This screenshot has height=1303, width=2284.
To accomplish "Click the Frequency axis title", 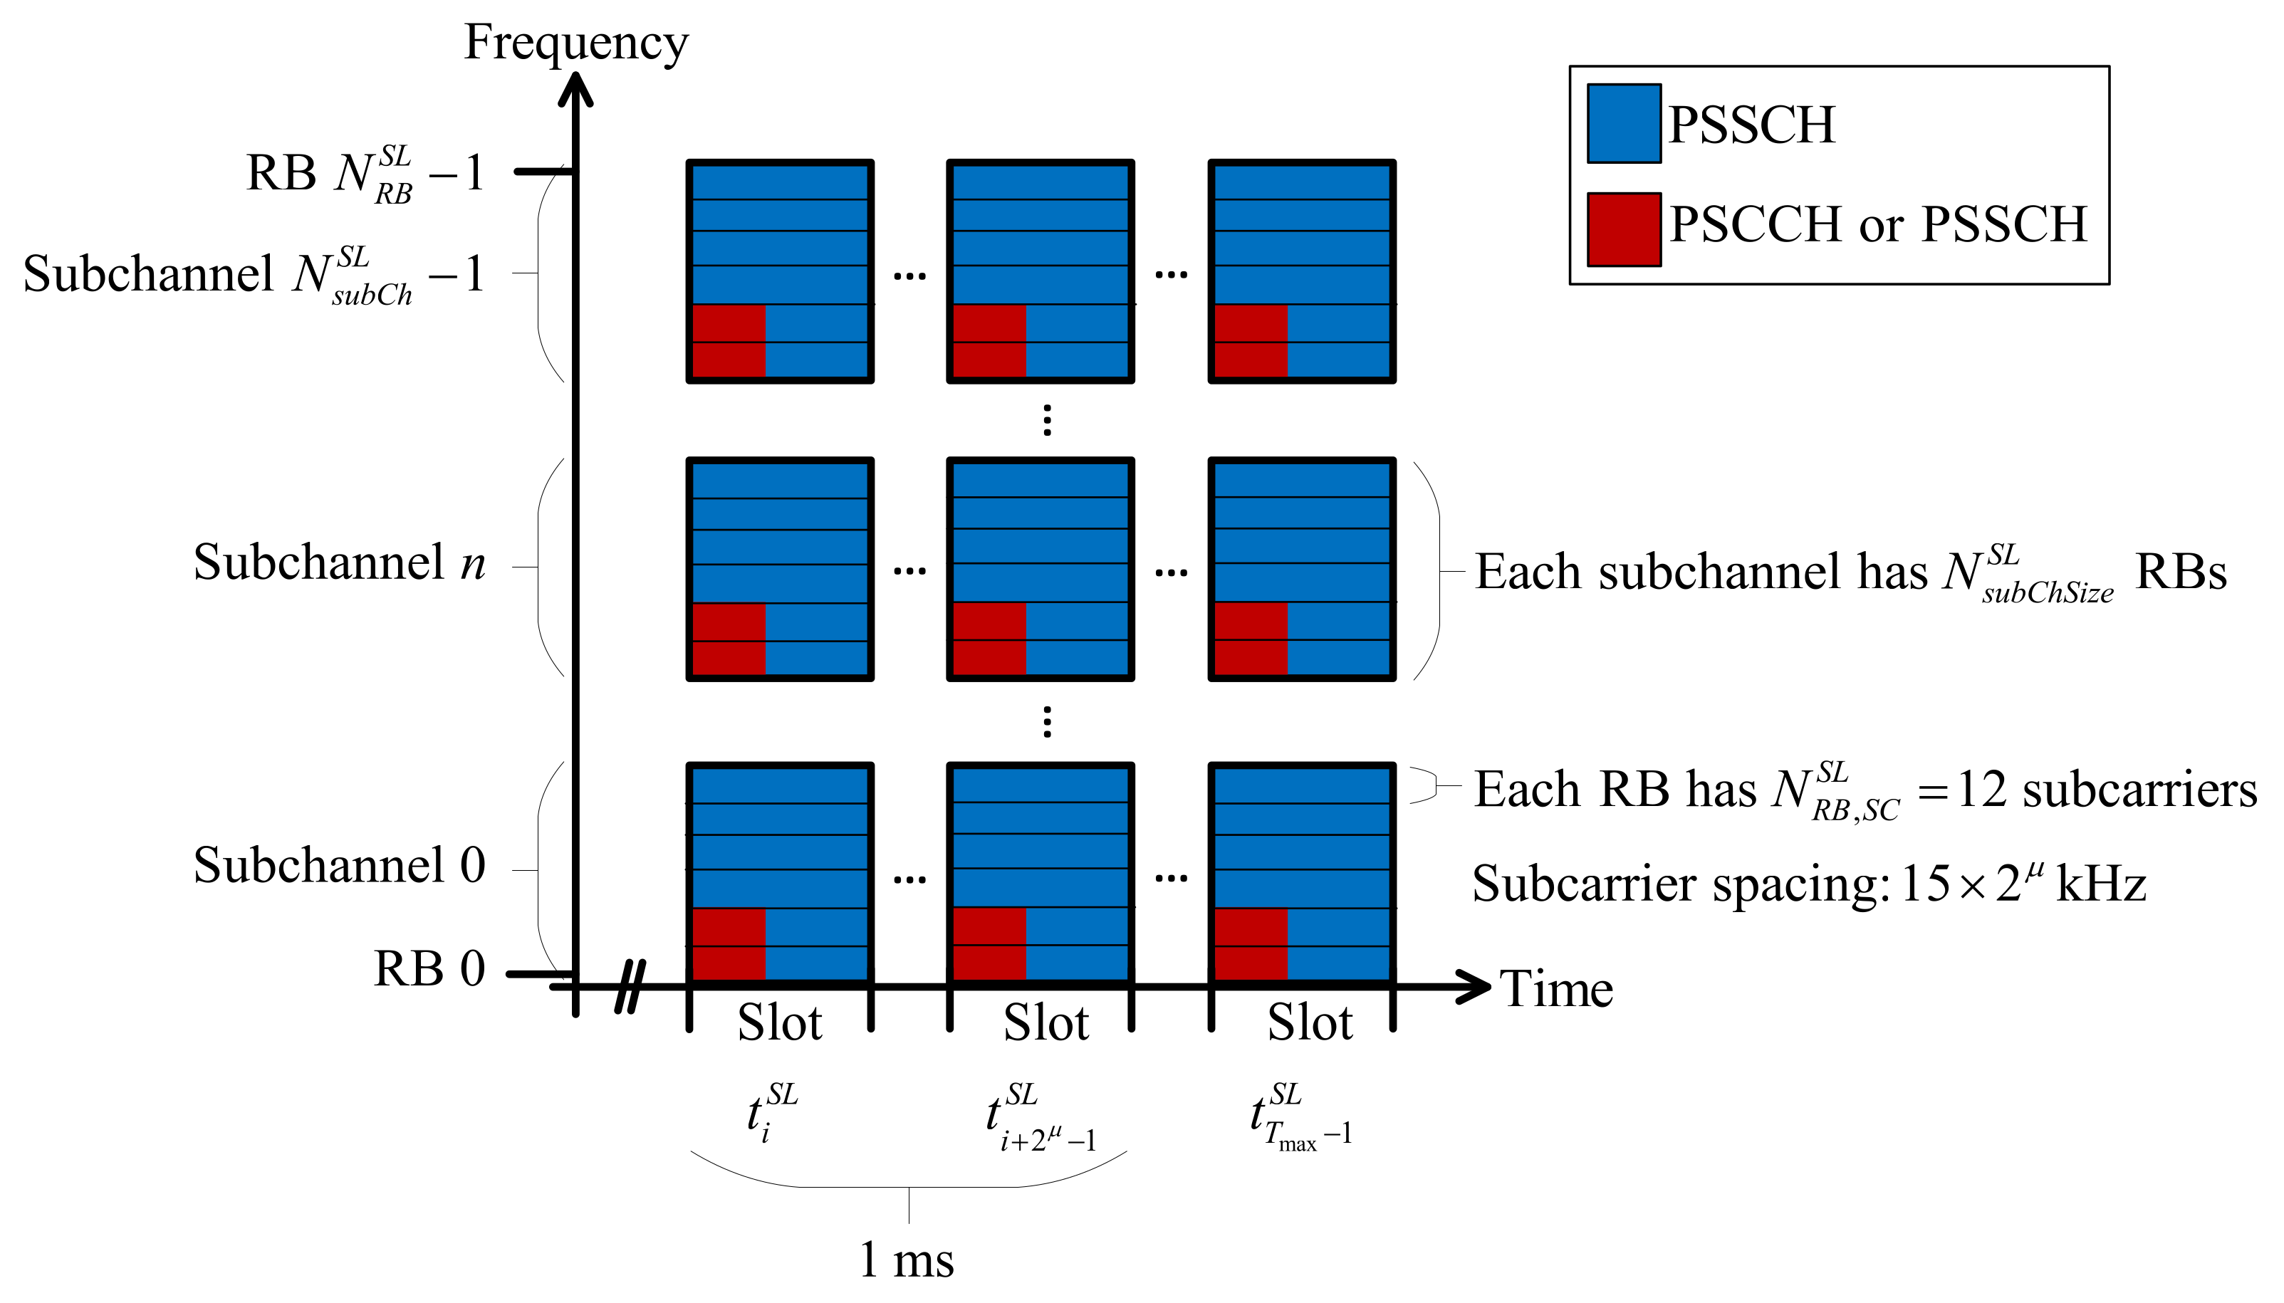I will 575,43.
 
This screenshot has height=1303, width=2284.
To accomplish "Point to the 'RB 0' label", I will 429,969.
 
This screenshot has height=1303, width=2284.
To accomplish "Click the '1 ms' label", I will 906,1260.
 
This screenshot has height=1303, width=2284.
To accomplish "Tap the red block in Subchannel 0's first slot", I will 729,944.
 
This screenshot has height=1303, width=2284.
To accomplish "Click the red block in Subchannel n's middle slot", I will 989,638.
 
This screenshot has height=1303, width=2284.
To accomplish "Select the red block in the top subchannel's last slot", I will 1251,340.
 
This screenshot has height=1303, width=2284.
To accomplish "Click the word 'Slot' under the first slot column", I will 778,1023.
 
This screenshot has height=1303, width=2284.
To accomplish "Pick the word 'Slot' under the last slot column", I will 1309,1023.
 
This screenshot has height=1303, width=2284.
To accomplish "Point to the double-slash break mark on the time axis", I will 630,986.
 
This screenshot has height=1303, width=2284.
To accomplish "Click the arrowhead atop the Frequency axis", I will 575,90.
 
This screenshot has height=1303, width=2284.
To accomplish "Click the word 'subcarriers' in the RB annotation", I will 2139,790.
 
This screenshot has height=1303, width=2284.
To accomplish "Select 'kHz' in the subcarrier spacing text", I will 2100,884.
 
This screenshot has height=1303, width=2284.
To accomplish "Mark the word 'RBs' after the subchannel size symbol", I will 2180,572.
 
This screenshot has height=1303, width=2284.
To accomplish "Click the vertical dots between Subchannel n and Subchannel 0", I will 1046,721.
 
